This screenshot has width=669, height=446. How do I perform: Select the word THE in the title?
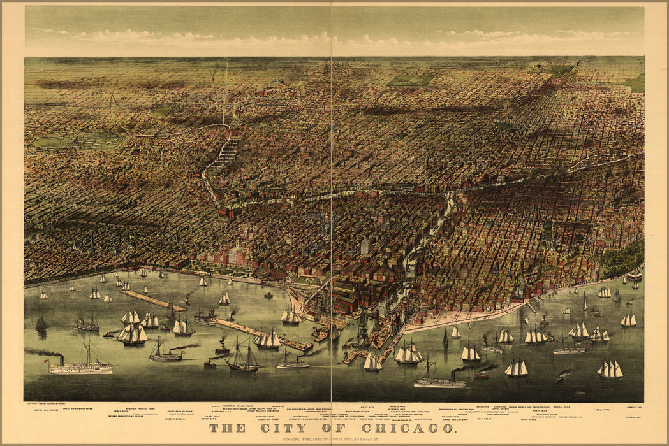(227, 428)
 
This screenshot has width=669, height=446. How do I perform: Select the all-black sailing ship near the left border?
(41, 324)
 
